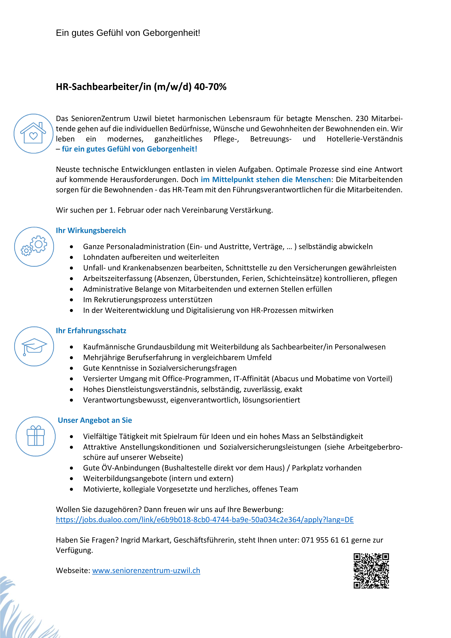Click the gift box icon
click(36, 436)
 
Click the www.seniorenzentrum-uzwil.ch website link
click(146, 570)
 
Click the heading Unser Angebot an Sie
click(95, 420)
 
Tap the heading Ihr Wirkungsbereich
click(91, 230)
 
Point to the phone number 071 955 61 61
click(325, 540)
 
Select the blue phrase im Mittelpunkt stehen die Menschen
click(266, 179)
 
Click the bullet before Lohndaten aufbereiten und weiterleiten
click(72, 257)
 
